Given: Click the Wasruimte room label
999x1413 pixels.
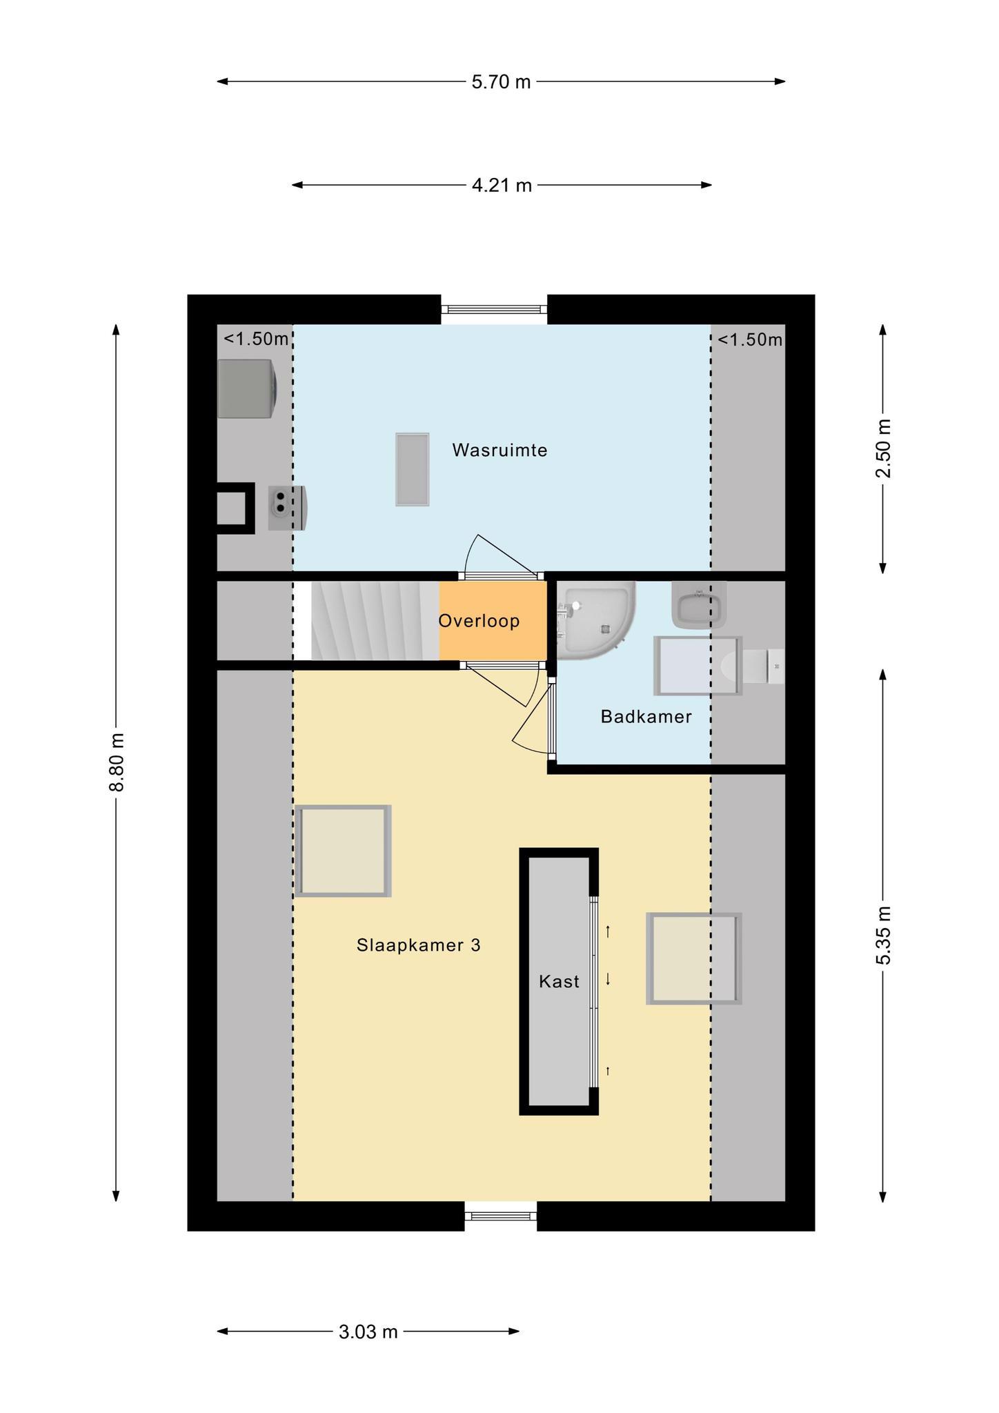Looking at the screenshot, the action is tap(499, 451).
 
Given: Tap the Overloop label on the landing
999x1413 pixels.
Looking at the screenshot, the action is tap(479, 621).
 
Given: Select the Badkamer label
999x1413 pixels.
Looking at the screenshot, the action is tap(646, 717).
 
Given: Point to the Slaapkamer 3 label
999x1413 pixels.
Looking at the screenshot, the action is tap(418, 945).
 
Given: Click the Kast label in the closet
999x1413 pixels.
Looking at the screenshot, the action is tap(559, 981).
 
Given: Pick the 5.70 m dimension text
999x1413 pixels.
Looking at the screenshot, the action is tap(502, 82).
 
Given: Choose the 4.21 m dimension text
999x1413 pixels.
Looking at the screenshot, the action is tap(502, 186).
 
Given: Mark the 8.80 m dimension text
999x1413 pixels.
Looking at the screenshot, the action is tap(117, 762).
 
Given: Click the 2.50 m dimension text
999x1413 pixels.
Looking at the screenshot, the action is tap(883, 448).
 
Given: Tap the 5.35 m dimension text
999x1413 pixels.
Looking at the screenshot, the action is tap(883, 936).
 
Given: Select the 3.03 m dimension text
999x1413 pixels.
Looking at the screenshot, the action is tap(368, 1332).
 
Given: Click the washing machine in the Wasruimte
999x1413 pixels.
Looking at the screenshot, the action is tap(248, 388).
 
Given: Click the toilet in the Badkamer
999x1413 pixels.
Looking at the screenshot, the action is tap(753, 666).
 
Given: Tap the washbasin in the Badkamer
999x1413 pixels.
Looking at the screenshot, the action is tap(699, 604).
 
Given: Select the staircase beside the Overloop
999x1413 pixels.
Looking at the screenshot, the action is tap(375, 620).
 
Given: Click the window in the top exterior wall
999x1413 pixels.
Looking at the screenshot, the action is tap(494, 310).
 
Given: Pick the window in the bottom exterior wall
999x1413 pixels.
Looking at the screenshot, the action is tap(500, 1216).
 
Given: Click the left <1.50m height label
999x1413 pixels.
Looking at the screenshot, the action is tap(256, 339).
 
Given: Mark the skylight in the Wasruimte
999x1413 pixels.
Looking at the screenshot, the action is tap(413, 469).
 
